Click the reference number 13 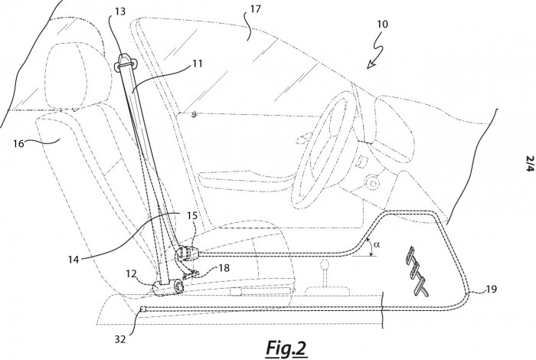(120, 11)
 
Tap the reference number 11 (198, 64)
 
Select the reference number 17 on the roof (255, 8)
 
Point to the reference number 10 (383, 24)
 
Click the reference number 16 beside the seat (19, 143)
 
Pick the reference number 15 (192, 216)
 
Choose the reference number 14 (74, 260)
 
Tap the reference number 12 (131, 274)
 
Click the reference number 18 (224, 267)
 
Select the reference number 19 (492, 290)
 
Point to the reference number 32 (120, 339)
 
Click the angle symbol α (377, 244)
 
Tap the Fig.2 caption (286, 349)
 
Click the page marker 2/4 (530, 164)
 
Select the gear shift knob (325, 265)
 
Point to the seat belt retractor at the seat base (168, 287)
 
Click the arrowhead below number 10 (370, 64)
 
